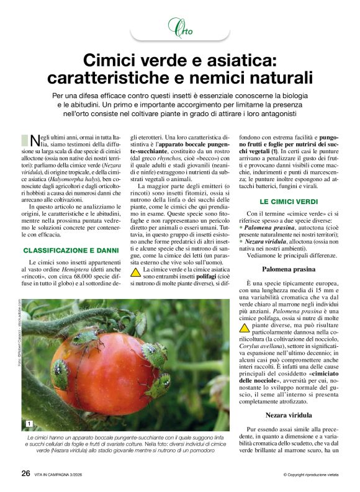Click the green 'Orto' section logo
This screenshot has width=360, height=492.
[180, 27]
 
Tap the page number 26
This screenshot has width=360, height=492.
[26, 473]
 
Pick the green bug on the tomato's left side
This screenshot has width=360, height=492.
[60, 374]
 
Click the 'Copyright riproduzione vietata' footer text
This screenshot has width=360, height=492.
[310, 475]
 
